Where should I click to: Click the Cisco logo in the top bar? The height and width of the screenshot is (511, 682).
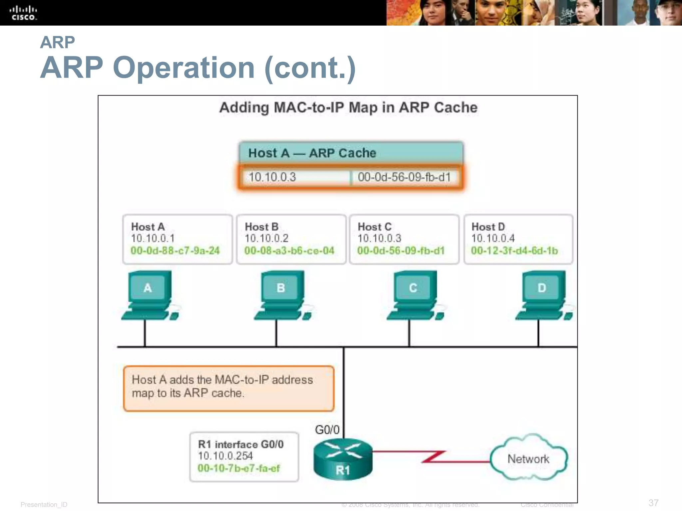[x=23, y=13]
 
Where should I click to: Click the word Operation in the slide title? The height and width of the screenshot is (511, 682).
[x=184, y=68]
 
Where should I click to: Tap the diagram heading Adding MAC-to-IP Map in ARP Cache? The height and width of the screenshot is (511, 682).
[x=348, y=107]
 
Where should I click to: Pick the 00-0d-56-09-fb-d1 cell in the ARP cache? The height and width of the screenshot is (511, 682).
[x=404, y=177]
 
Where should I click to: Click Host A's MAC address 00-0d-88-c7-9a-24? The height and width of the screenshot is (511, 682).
[x=175, y=251]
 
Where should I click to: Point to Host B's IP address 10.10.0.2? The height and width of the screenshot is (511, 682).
[x=266, y=238]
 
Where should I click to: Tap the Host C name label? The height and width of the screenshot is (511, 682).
[x=374, y=227]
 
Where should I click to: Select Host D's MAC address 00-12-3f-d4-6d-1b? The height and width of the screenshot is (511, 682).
[x=514, y=251]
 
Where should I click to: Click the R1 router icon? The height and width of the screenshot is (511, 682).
[x=343, y=459]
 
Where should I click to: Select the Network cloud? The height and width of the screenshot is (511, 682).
[x=528, y=458]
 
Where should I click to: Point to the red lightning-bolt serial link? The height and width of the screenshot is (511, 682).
[x=433, y=456]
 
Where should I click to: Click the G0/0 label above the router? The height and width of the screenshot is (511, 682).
[x=327, y=430]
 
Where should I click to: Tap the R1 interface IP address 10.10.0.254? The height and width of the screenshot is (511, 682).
[x=225, y=456]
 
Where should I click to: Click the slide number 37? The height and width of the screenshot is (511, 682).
[x=653, y=503]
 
